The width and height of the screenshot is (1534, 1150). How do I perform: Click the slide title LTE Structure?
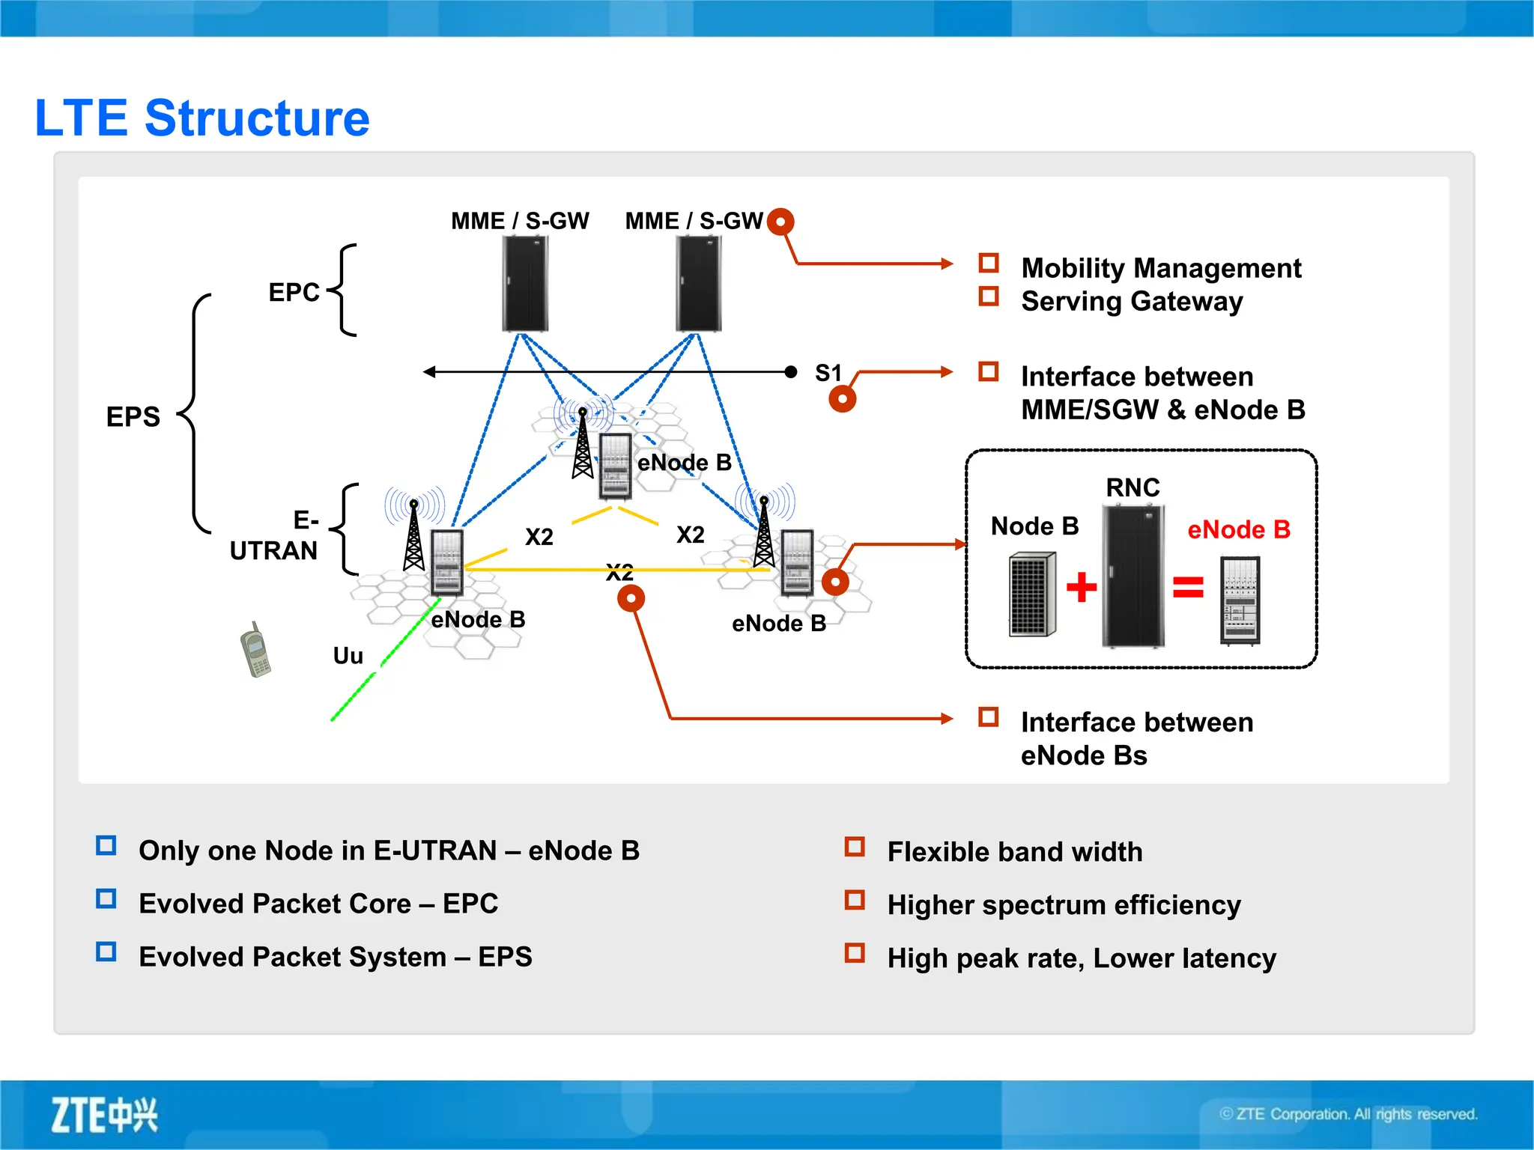click(202, 118)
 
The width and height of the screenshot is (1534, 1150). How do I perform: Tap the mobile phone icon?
click(255, 650)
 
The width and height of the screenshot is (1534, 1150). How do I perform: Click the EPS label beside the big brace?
click(133, 417)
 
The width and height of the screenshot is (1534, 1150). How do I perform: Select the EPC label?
click(294, 292)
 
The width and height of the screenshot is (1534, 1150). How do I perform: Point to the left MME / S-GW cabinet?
click(525, 284)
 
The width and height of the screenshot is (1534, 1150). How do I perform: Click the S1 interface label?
click(828, 373)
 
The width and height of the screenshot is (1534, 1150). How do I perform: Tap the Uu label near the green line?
click(348, 656)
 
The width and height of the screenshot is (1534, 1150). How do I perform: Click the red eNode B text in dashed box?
click(1239, 530)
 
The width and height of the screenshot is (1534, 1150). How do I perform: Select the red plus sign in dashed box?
click(1081, 587)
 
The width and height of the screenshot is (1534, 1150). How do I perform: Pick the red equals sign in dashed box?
click(1188, 587)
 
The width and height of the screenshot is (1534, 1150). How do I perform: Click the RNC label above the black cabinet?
click(1133, 488)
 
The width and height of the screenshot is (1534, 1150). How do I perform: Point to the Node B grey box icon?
click(1032, 594)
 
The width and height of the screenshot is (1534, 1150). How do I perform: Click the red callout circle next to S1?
click(843, 399)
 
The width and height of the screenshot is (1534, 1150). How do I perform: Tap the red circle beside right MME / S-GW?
click(780, 222)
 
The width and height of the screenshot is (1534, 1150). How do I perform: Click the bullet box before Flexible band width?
click(855, 847)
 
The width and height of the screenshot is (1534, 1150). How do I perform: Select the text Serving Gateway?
click(1132, 302)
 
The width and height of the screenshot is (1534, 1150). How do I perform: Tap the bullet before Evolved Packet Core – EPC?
click(106, 898)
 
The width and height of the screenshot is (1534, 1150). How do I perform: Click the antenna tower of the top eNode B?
click(583, 445)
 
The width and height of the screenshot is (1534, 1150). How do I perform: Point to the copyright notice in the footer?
click(1348, 1114)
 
